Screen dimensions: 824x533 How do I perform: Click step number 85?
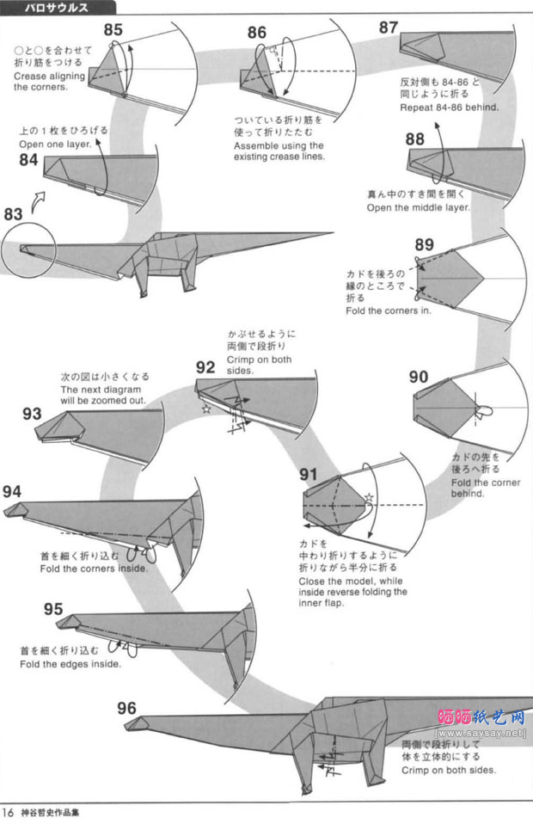113,29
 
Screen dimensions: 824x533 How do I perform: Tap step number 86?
256,33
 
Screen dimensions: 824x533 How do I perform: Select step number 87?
388,28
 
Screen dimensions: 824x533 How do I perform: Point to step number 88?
415,139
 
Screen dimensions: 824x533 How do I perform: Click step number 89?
424,244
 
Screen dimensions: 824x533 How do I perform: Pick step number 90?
419,376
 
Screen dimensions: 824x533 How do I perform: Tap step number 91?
309,474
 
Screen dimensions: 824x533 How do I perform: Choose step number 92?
205,367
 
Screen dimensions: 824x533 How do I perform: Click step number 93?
33,414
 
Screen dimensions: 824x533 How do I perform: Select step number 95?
53,609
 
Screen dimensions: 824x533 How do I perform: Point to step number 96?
126,708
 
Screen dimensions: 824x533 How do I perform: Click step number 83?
13,213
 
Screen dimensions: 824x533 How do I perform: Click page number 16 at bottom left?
8,811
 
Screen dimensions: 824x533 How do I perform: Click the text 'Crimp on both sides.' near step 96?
448,770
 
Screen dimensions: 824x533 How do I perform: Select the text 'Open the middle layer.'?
419,207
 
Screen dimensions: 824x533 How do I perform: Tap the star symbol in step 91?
368,498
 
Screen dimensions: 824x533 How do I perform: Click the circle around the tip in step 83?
27,250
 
